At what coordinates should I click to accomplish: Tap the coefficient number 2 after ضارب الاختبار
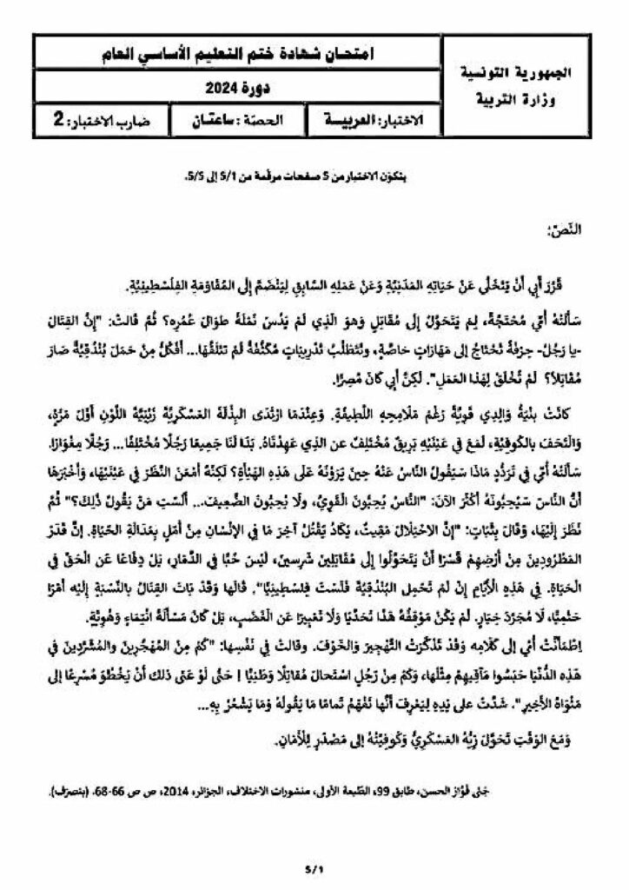pos(59,121)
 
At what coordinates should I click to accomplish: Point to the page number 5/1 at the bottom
pos(314,867)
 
